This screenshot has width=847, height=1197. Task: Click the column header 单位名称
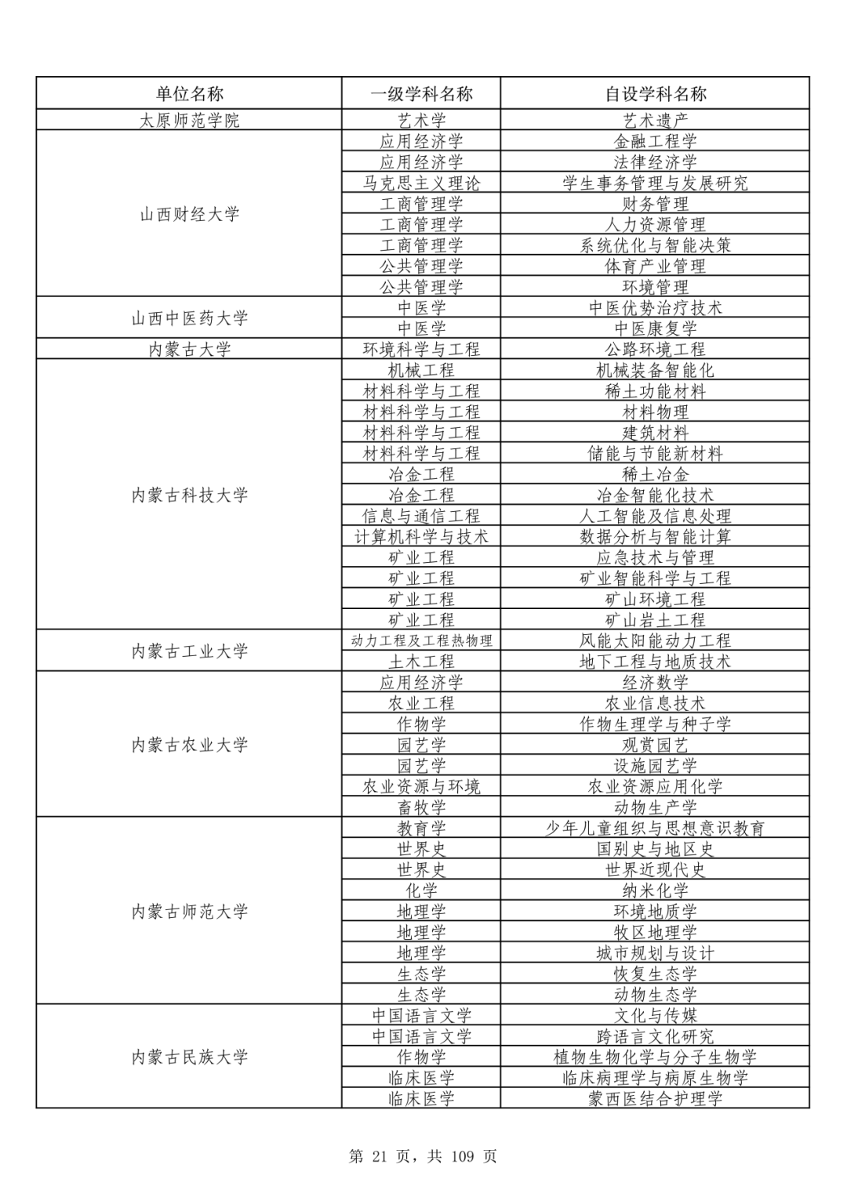[x=189, y=94]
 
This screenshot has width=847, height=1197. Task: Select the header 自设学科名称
[x=655, y=94]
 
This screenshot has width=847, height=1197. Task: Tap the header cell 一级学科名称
[x=421, y=94]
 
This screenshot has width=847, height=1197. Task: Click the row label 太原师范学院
[x=189, y=120]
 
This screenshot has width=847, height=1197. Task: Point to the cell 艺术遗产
[x=655, y=120]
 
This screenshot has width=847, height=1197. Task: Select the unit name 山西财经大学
[x=189, y=214]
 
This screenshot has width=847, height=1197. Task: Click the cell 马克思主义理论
[x=421, y=183]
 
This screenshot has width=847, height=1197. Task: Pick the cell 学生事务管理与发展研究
[x=655, y=183]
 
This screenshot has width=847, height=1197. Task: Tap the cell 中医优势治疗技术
[x=655, y=307]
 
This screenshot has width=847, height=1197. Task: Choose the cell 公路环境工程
[x=655, y=349]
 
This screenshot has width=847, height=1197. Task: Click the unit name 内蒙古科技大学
[x=189, y=495]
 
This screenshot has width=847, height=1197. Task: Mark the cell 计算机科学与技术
[x=421, y=536]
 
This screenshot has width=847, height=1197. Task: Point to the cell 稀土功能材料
[x=655, y=390]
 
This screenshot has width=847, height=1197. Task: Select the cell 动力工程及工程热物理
[x=421, y=640]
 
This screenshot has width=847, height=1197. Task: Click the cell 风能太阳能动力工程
[x=655, y=640]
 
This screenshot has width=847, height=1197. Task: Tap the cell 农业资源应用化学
[x=655, y=786]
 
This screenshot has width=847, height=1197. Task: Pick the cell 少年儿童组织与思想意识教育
[x=655, y=828]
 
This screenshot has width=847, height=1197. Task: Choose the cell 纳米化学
[x=655, y=890]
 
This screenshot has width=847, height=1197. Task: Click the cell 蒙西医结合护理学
[x=655, y=1098]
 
